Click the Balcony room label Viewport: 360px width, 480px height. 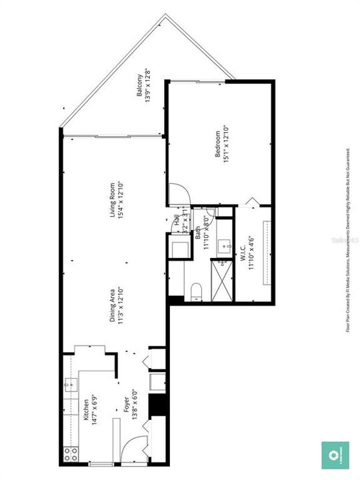pyautogui.click(x=140, y=86)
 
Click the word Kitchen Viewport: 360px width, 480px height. pyautogui.click(x=85, y=408)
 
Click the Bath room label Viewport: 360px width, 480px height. pyautogui.click(x=198, y=233)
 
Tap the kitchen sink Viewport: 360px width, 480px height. pyautogui.click(x=71, y=386)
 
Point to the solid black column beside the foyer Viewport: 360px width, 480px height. pyautogui.click(x=157, y=405)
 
